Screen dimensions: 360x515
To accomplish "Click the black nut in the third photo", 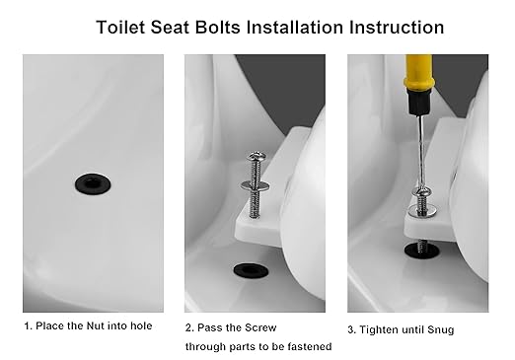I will point(419,251).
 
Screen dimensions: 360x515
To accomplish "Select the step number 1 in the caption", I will point(27,325).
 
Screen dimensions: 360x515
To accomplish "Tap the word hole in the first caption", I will point(140,325).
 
